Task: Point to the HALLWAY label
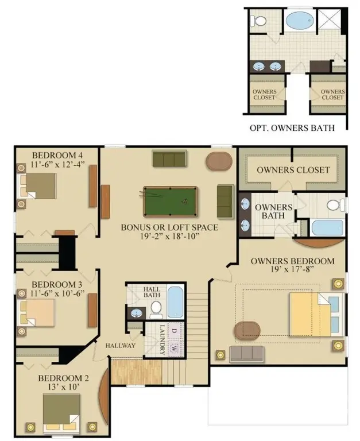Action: (x=121, y=346)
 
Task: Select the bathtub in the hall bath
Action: (x=174, y=302)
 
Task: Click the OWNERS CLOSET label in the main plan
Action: (x=293, y=169)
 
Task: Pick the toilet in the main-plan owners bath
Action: (x=336, y=204)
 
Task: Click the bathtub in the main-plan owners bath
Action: (x=327, y=227)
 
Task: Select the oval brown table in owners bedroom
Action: (x=246, y=331)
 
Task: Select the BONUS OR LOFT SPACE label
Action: (x=169, y=227)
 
